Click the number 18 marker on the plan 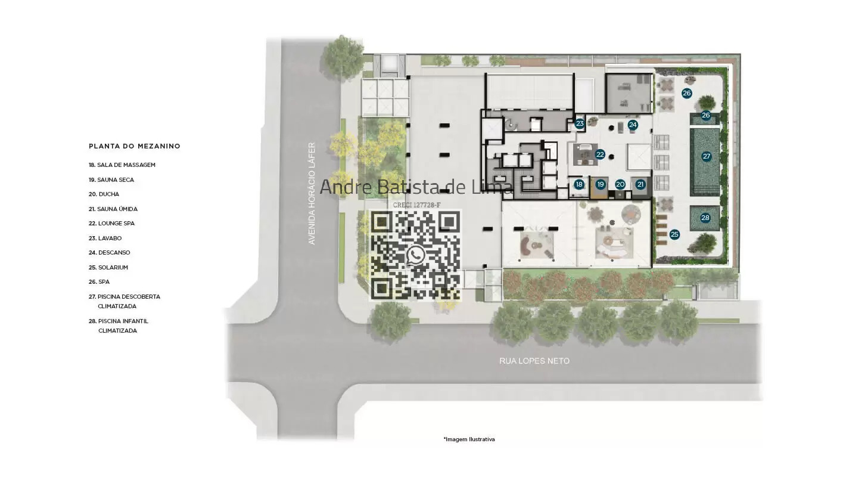tap(579, 184)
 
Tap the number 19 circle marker tap(601, 184)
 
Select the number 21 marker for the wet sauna tap(640, 184)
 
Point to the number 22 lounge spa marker tap(600, 154)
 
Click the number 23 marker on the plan tap(580, 123)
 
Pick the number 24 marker tap(633, 125)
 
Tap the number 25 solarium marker tap(674, 234)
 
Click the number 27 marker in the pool tap(706, 156)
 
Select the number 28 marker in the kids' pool tap(705, 218)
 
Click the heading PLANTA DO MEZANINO tap(135, 146)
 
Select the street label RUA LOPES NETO tap(534, 361)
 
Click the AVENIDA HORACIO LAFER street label tap(312, 194)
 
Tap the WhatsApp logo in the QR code tap(415, 255)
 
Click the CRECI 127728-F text tap(416, 205)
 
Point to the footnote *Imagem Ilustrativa tap(469, 439)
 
